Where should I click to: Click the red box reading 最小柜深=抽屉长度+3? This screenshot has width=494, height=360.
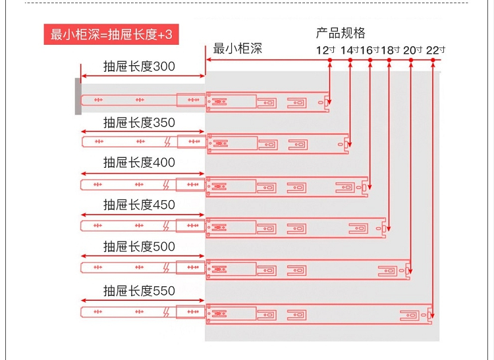[x=111, y=34]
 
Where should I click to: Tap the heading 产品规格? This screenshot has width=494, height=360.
[x=341, y=33]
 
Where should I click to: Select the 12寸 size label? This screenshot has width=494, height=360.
[x=326, y=50]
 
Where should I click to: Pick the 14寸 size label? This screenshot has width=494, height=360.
[x=350, y=50]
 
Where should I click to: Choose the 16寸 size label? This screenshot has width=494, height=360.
[x=370, y=50]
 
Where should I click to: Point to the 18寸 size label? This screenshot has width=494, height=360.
[x=391, y=50]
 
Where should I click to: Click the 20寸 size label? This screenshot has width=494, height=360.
[x=413, y=50]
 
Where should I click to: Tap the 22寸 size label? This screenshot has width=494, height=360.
[x=436, y=50]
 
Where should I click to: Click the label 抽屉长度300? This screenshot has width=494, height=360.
[x=139, y=66]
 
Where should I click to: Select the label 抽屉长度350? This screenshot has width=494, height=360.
[x=139, y=122]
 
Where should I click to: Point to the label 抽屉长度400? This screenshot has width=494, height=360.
[x=139, y=163]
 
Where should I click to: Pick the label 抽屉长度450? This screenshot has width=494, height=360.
[x=139, y=205]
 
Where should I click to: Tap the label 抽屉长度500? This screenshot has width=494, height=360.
[x=139, y=246]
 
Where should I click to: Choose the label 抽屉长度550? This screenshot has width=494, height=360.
[x=139, y=290]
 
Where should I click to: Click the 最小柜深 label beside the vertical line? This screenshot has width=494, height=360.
[x=238, y=49]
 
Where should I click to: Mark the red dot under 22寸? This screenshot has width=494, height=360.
[x=433, y=60]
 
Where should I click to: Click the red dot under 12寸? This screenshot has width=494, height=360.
[x=330, y=60]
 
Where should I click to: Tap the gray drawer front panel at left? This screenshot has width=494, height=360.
[x=78, y=97]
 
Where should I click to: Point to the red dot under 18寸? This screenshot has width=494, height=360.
[x=389, y=60]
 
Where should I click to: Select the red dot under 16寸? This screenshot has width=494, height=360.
[x=370, y=60]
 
